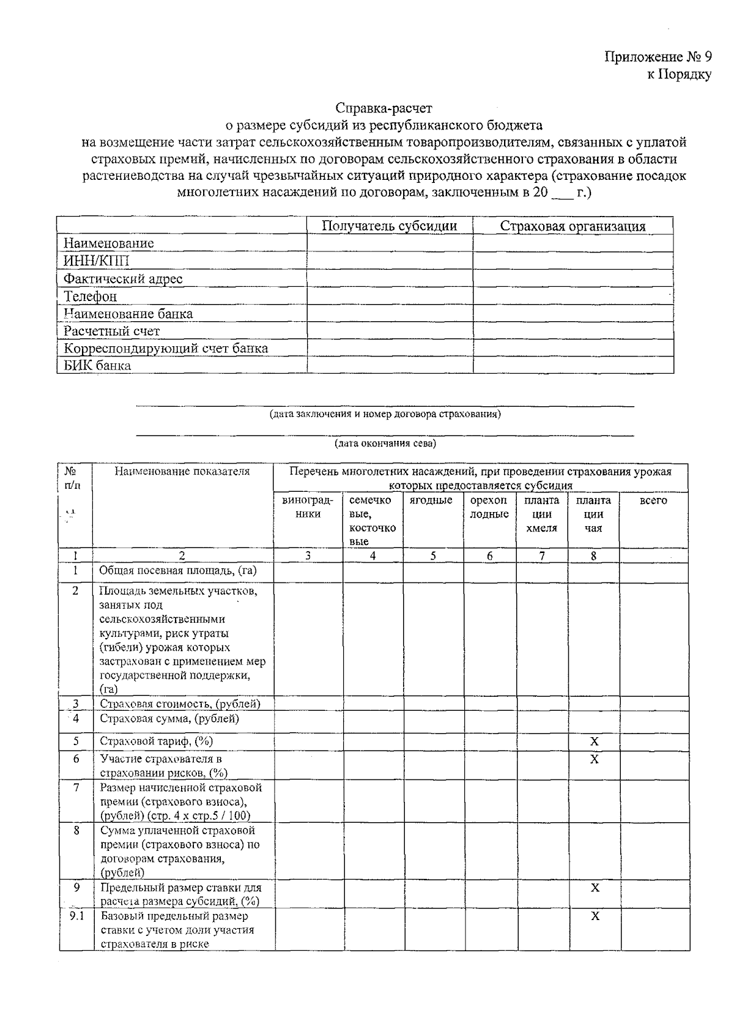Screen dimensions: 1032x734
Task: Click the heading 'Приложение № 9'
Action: point(658,58)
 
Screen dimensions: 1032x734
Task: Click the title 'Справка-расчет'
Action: point(384,108)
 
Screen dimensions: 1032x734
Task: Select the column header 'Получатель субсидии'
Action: point(390,226)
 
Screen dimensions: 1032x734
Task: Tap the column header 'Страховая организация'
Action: point(573,226)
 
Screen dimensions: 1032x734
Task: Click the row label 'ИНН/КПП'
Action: point(97,261)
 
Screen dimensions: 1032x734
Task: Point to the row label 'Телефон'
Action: point(90,297)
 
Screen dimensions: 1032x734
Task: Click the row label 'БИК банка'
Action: point(97,366)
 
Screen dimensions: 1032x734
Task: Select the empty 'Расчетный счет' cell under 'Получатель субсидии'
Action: point(390,331)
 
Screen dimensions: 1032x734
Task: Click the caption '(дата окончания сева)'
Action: point(385,443)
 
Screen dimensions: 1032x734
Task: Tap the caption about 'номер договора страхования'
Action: point(385,414)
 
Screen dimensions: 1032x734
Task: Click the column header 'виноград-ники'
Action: point(308,507)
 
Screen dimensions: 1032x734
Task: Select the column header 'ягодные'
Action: point(432,500)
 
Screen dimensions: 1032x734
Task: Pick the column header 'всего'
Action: point(653,500)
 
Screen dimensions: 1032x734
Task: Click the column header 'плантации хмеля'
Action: point(541,514)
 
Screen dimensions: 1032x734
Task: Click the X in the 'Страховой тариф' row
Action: point(594,742)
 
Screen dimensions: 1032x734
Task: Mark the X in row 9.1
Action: point(595,916)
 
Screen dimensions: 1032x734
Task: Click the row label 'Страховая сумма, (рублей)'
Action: point(169,719)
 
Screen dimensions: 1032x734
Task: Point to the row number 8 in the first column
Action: point(76,831)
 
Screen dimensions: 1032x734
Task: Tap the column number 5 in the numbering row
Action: point(432,556)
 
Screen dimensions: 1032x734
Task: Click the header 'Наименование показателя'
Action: point(182,472)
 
